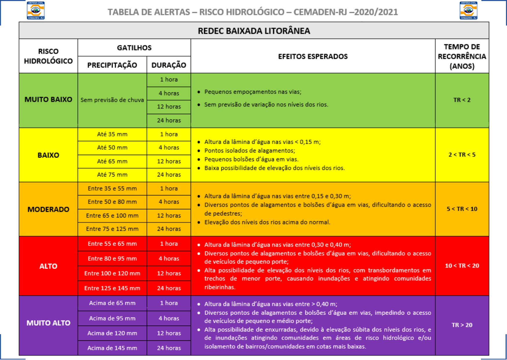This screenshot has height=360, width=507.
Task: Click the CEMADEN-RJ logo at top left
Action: tap(36, 10)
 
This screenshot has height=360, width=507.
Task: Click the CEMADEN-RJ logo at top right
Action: tap(468, 10)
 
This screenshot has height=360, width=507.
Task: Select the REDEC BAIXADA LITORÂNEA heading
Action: tap(254, 31)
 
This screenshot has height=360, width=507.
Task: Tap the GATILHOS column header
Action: tap(134, 48)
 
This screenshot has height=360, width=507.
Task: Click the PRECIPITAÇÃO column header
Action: tap(112, 65)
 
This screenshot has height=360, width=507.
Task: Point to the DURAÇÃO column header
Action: tap(169, 65)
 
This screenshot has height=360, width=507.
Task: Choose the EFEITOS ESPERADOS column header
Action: tap(313, 56)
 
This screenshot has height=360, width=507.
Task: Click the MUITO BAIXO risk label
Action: tap(48, 100)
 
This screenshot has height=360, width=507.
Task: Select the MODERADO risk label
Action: tap(48, 209)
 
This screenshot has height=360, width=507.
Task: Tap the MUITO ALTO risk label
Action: tap(48, 323)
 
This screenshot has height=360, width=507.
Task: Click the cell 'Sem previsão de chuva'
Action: tap(112, 100)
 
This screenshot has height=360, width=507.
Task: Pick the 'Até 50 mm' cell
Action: tap(112, 147)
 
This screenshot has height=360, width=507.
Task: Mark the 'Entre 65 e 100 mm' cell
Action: tap(112, 215)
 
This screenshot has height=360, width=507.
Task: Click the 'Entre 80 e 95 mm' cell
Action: tap(112, 258)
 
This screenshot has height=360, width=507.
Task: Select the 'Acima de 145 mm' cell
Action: tap(112, 348)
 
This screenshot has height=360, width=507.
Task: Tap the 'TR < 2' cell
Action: tap(462, 100)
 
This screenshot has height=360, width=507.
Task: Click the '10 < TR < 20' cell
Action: tap(462, 266)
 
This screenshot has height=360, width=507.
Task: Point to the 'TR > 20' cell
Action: tap(462, 325)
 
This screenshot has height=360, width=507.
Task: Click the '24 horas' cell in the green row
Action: tap(169, 120)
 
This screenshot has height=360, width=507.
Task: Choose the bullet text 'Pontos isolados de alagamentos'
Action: tap(250, 151)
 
